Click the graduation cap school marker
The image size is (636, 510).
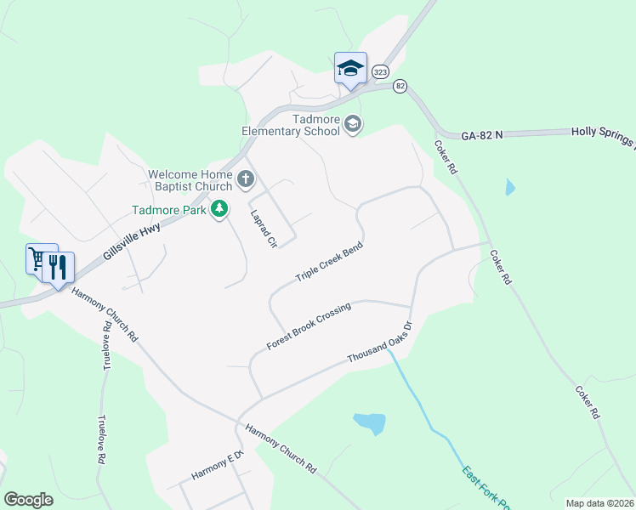(x=350, y=68)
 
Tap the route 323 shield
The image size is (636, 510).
(x=380, y=72)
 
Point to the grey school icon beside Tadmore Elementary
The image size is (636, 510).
(x=353, y=126)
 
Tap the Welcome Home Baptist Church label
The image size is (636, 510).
(x=190, y=180)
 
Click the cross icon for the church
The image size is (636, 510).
(x=246, y=178)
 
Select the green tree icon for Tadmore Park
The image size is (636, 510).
(x=219, y=208)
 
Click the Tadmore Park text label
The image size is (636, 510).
(x=169, y=210)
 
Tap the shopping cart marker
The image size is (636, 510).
(x=39, y=258)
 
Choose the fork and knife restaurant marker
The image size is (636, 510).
(x=58, y=267)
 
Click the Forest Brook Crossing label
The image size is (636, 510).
(x=308, y=327)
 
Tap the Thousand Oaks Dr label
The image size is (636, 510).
(x=379, y=343)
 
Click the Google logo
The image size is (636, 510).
(x=28, y=500)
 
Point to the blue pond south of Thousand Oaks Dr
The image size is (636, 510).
(x=369, y=422)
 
